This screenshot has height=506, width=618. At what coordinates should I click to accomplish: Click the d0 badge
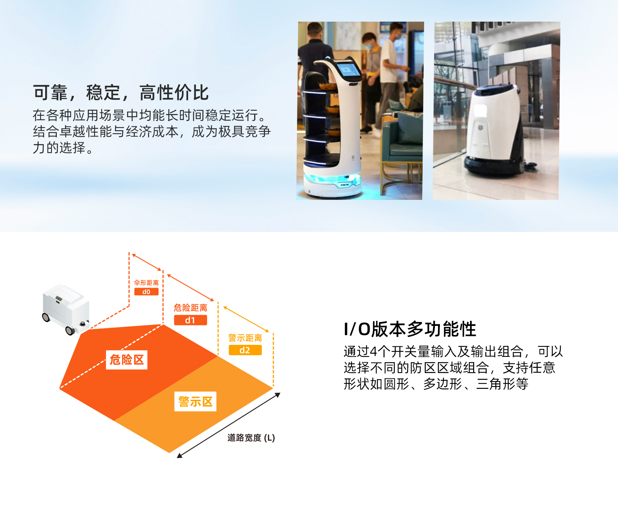pyautogui.click(x=146, y=291)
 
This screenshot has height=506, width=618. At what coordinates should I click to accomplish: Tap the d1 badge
pyautogui.click(x=190, y=320)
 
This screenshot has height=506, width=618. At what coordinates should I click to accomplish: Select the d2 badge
pyautogui.click(x=245, y=350)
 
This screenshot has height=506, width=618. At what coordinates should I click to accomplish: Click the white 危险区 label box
pyautogui.click(x=127, y=359)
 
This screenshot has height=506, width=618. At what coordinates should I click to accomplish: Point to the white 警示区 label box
pyautogui.click(x=195, y=401)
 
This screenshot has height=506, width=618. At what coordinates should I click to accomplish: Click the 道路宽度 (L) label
pyautogui.click(x=251, y=438)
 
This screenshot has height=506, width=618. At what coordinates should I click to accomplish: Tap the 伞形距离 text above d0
pyautogui.click(x=146, y=283)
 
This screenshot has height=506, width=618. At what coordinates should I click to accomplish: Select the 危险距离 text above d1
pyautogui.click(x=190, y=307)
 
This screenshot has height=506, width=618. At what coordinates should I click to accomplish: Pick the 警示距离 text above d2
pyautogui.click(x=245, y=337)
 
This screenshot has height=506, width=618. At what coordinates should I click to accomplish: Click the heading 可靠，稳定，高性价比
pyautogui.click(x=121, y=93)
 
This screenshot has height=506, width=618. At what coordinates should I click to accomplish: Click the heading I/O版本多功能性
pyautogui.click(x=410, y=329)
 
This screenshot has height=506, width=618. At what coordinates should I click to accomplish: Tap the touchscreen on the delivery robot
pyautogui.click(x=348, y=70)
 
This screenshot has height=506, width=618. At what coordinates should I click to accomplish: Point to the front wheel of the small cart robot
pyautogui.click(x=70, y=331)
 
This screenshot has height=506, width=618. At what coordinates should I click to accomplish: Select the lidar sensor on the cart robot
pyautogui.click(x=83, y=324)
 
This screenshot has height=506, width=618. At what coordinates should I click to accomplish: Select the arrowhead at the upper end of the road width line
pyautogui.click(x=277, y=395)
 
